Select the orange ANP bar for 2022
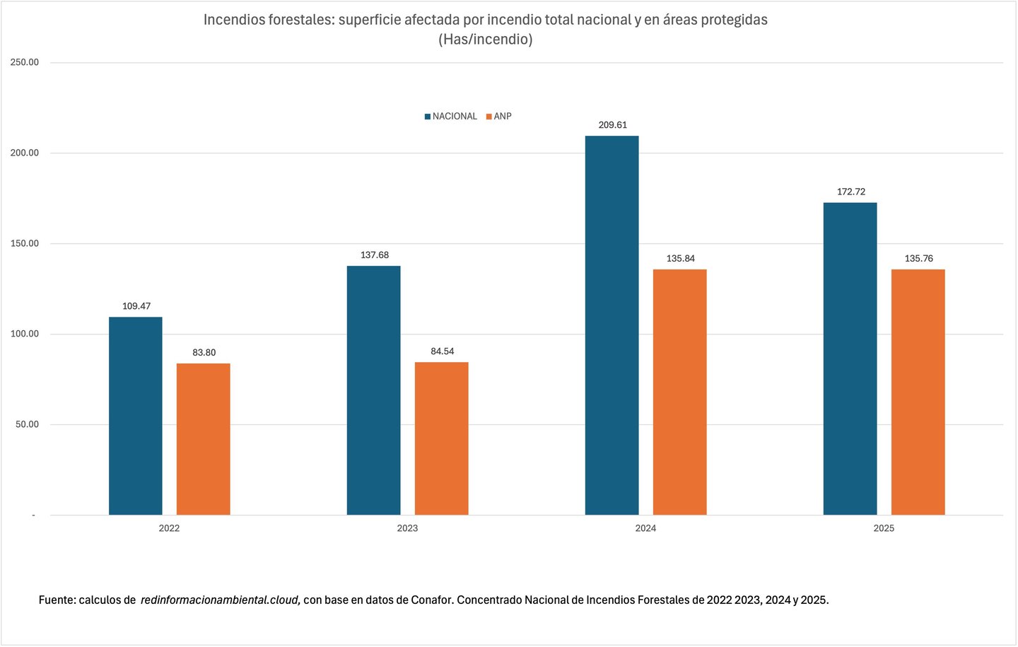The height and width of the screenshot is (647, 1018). point(203,439)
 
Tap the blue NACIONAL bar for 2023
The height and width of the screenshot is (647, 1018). point(373,390)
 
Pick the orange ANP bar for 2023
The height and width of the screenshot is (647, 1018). point(441,438)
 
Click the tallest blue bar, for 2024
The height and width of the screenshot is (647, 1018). point(612,325)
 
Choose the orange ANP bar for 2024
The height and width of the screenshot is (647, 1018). point(679,392)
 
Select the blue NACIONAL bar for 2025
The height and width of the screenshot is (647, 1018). point(850,359)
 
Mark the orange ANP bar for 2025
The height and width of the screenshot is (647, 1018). point(918,392)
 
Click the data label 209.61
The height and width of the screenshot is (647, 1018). point(612,125)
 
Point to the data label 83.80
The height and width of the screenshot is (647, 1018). point(204,353)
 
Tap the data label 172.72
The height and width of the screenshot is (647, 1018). point(850,192)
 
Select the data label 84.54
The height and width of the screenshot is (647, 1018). point(442,351)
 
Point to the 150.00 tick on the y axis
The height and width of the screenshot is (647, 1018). point(25,243)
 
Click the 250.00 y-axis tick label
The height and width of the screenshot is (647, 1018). point(25,62)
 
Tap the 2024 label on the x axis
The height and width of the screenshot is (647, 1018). point(645,528)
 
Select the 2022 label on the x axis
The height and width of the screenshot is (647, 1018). point(169,528)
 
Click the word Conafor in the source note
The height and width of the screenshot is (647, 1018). point(432,600)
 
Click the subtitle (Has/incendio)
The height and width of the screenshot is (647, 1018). point(485,40)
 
